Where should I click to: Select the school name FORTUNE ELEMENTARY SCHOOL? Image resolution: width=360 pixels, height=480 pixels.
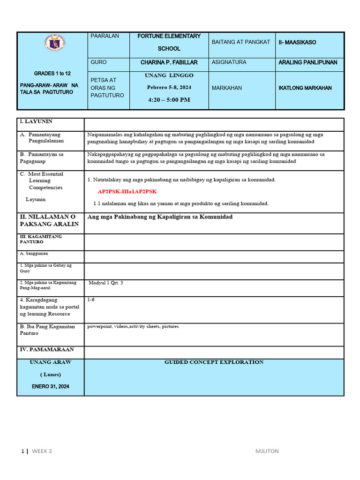pyautogui.click(x=169, y=42)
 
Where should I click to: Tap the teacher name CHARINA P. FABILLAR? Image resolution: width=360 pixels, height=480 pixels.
pyautogui.click(x=169, y=62)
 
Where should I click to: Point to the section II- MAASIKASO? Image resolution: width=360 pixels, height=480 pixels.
pyautogui.click(x=297, y=42)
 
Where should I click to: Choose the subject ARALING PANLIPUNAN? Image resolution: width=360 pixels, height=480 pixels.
pyautogui.click(x=307, y=62)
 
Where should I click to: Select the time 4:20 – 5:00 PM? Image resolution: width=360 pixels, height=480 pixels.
pyautogui.click(x=169, y=99)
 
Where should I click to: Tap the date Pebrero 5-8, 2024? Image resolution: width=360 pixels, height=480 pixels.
pyautogui.click(x=169, y=87)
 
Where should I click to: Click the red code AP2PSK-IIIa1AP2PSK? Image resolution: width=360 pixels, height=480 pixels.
pyautogui.click(x=127, y=192)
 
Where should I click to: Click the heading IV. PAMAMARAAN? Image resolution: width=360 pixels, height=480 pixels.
pyautogui.click(x=46, y=350)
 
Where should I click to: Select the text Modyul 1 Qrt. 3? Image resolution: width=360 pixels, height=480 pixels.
pyautogui.click(x=106, y=283)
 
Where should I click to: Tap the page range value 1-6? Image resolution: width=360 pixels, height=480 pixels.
pyautogui.click(x=91, y=299)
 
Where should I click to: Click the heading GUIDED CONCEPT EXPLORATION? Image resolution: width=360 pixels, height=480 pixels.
pyautogui.click(x=214, y=362)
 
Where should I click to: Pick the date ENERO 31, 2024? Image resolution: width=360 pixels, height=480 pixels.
pyautogui.click(x=50, y=386)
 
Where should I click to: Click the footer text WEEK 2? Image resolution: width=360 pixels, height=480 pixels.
pyautogui.click(x=42, y=451)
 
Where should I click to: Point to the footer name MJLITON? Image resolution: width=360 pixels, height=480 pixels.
pyautogui.click(x=267, y=451)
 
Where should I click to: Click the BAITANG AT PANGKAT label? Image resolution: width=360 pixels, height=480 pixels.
pyautogui.click(x=241, y=42)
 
